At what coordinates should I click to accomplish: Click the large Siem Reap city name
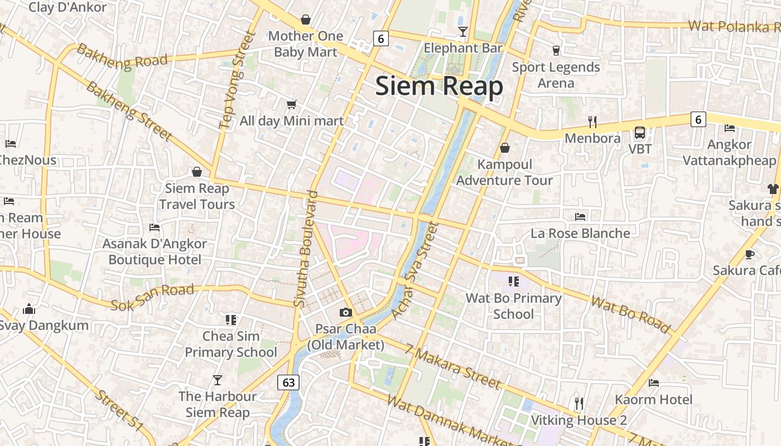point(439,86)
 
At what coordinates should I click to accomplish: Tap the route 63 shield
point(288,382)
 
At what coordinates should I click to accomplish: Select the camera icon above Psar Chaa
point(346,313)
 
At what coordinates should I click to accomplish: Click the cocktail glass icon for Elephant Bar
point(462,32)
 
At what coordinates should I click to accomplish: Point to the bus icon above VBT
point(640,133)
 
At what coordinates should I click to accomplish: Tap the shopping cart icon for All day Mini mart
point(291,104)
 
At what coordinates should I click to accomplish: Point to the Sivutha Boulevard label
point(306,249)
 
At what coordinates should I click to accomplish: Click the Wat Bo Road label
point(630,315)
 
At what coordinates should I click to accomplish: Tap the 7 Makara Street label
point(453,367)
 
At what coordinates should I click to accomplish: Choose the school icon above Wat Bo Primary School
point(513,282)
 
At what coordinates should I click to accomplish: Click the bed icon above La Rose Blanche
point(580,216)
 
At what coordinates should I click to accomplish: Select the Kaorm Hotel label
point(653,399)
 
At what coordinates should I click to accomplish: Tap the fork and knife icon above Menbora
point(592,122)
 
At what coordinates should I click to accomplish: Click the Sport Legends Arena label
point(556,75)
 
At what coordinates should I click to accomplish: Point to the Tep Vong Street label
point(237,80)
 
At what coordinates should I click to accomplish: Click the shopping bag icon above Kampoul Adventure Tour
point(505,148)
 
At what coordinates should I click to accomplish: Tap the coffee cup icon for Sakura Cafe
point(749,255)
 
